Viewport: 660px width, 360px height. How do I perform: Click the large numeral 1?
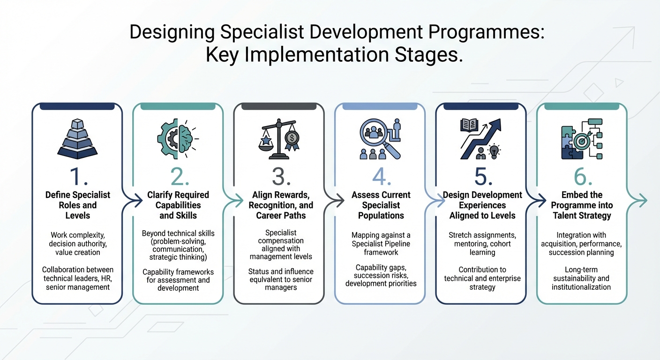[77, 176]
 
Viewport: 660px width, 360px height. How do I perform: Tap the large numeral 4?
[381, 176]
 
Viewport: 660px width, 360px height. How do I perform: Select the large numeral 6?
[583, 176]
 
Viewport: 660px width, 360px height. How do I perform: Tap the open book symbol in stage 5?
[470, 125]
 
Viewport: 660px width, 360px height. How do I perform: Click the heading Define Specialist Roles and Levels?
[77, 205]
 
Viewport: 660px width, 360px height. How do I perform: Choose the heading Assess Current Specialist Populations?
[381, 205]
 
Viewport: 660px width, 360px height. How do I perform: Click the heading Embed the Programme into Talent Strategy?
[583, 205]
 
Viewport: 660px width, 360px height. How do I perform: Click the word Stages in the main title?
[425, 55]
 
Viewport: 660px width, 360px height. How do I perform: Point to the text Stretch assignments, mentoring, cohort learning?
[482, 244]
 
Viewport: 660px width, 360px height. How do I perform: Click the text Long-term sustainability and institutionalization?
[582, 278]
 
